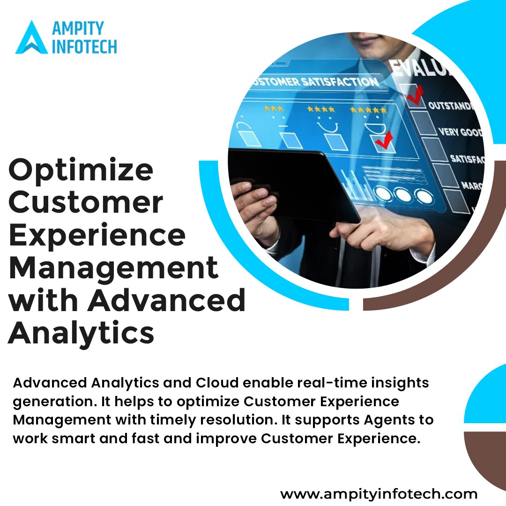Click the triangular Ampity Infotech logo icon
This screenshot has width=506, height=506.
click(31, 37)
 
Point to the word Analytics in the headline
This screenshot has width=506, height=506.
click(81, 332)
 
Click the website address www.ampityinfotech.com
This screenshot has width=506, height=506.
click(379, 493)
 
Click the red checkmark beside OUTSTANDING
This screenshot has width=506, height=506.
click(415, 94)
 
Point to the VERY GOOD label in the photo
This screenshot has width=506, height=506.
click(460, 132)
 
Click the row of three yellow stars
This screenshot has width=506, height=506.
click(273, 108)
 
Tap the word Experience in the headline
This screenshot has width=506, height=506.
click(97, 236)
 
